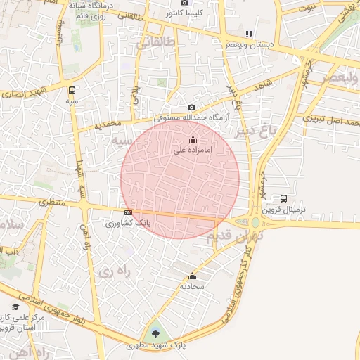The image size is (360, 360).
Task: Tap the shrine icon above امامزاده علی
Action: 193,140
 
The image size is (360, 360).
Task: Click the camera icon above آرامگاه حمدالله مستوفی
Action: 191,107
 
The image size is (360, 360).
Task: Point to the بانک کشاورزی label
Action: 129,223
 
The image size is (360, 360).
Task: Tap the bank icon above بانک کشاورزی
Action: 128,212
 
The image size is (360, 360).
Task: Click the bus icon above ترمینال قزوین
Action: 283,198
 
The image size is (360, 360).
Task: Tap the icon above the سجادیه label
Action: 192,276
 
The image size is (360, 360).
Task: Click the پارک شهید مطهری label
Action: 155,345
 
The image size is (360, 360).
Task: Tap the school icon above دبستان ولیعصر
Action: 248,33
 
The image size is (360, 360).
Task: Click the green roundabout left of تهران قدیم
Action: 255,223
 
